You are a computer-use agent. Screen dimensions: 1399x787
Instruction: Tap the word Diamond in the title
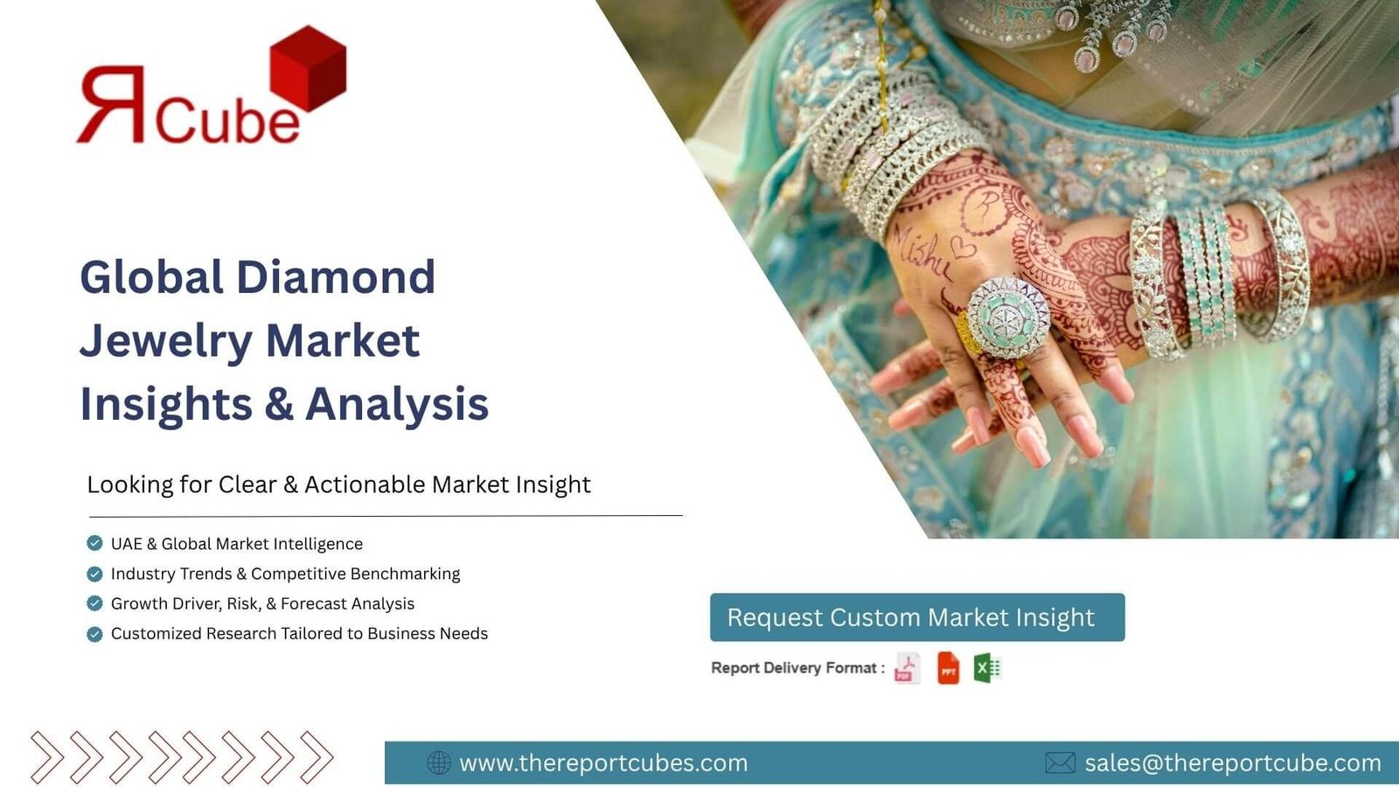tap(336, 276)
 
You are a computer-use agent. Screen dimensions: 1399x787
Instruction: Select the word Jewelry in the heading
tap(166, 343)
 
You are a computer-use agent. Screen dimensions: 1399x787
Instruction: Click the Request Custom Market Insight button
tap(917, 617)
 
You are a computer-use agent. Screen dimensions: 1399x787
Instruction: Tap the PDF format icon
tap(907, 668)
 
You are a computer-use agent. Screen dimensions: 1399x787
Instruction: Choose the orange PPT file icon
tap(948, 668)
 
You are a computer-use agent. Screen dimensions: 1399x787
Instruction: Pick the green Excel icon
tap(988, 668)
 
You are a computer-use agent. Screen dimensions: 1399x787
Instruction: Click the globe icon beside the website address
tap(438, 763)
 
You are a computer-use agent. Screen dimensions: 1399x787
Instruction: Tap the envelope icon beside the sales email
tap(1060, 763)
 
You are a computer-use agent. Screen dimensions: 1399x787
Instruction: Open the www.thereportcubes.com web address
tap(603, 763)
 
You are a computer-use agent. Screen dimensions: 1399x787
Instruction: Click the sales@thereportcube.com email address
tap(1233, 763)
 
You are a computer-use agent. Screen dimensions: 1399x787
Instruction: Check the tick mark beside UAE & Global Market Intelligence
tap(94, 543)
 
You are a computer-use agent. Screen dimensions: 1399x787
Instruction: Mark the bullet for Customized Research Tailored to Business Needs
tap(94, 634)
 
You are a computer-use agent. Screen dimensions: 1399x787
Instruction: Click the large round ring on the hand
tap(1007, 317)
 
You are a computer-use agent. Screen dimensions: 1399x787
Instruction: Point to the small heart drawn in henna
tap(963, 248)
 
